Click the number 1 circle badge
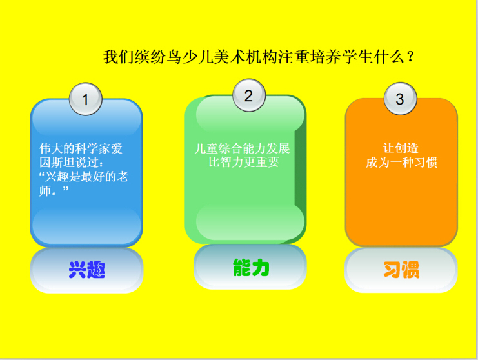click(x=86, y=99)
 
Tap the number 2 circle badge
click(x=249, y=95)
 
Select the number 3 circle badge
click(x=400, y=99)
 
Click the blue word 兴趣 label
click(x=87, y=270)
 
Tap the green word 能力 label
click(x=251, y=268)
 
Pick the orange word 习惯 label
click(x=401, y=270)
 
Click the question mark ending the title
click(x=410, y=57)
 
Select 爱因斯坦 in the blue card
click(x=81, y=155)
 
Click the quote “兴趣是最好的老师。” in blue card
click(x=83, y=184)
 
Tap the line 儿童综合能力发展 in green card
click(x=242, y=148)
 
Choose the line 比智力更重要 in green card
click(x=244, y=162)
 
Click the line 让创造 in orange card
click(x=401, y=148)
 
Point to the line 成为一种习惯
click(x=401, y=162)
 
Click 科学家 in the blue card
click(x=93, y=148)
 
